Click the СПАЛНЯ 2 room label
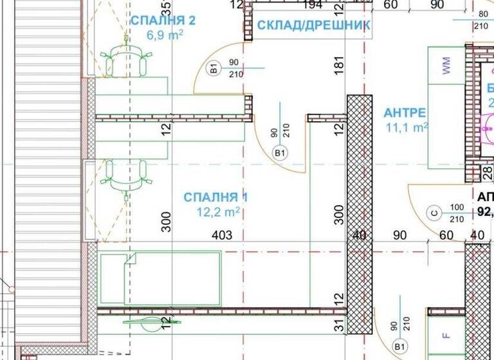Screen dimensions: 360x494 163,21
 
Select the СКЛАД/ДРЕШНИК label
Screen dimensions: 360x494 313,26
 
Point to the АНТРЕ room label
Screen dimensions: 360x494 405,113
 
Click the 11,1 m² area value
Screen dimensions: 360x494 407,128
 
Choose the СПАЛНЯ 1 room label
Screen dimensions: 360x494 215,197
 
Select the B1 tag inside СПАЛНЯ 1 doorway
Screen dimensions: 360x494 280,153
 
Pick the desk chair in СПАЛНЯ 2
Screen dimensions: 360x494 125,60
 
